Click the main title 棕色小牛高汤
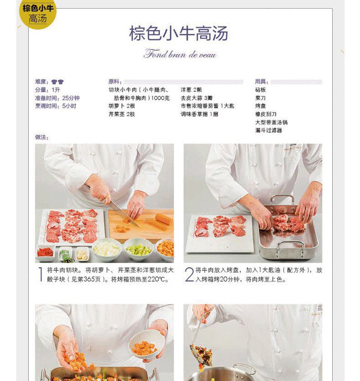click(179, 33)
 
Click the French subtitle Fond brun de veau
click(180, 54)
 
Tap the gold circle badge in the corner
click(38, 14)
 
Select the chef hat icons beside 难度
click(58, 81)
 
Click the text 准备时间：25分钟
click(57, 98)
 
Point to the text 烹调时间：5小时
click(56, 106)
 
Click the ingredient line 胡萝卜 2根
click(122, 106)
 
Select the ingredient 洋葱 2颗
click(191, 90)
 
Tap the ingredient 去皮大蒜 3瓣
click(196, 98)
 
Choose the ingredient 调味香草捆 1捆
click(200, 114)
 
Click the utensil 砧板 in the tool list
click(261, 90)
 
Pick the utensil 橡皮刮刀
click(266, 114)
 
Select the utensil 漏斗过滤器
click(268, 130)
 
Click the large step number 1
click(41, 274)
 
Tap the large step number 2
click(189, 274)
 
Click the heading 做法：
click(42, 137)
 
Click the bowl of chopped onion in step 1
click(107, 249)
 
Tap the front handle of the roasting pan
click(291, 248)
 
